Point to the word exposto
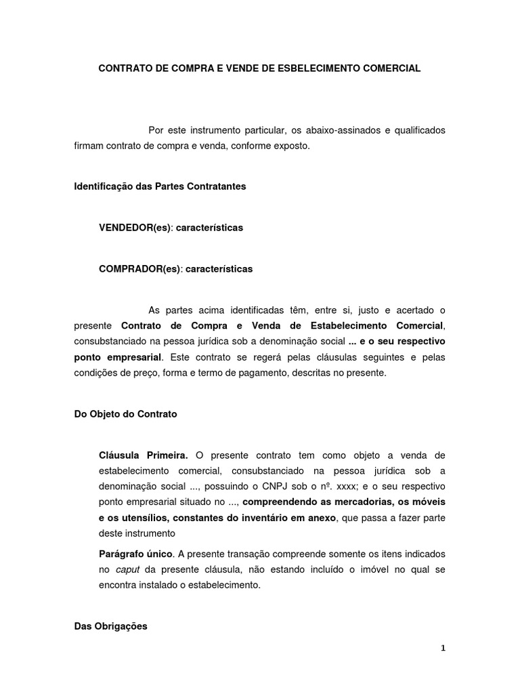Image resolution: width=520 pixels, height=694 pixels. tap(292, 146)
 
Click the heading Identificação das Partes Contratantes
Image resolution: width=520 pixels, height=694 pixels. tap(160, 186)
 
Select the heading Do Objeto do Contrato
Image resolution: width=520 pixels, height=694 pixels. tap(125, 413)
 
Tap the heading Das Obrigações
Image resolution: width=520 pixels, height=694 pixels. tap(110, 627)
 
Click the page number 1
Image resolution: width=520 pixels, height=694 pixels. tap(443, 648)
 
